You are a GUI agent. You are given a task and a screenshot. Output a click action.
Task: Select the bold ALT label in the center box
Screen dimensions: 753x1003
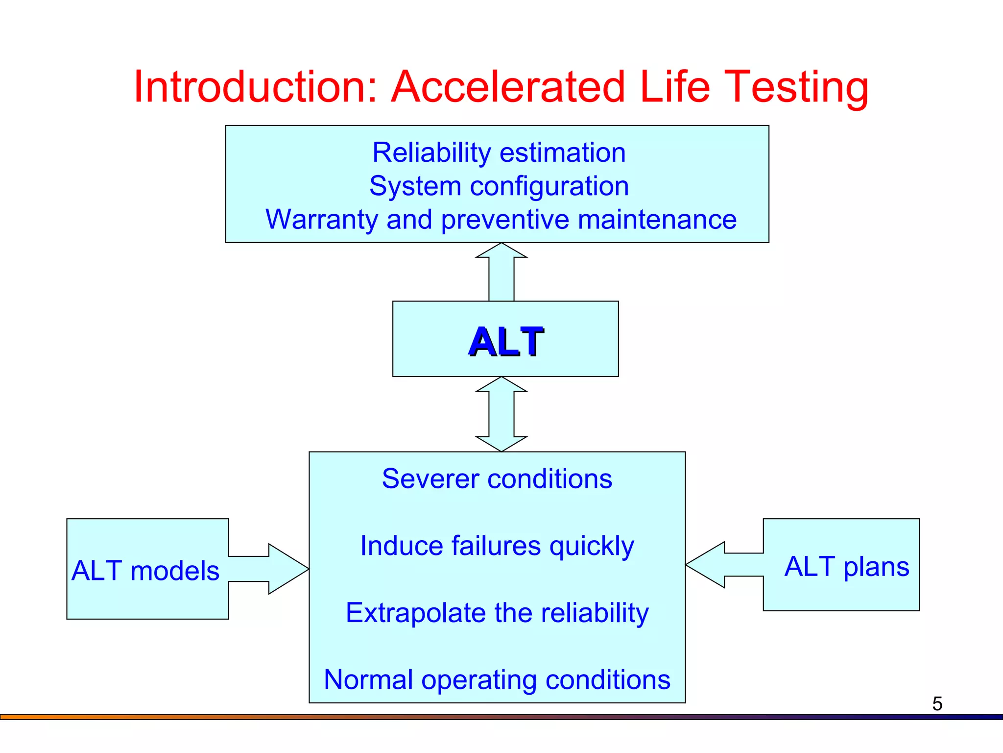point(506,342)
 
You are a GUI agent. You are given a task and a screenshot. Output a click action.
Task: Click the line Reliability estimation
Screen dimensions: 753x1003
point(499,152)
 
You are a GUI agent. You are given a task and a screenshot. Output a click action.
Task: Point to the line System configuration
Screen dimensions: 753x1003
point(499,186)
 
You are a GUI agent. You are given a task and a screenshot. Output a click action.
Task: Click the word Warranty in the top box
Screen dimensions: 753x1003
point(321,219)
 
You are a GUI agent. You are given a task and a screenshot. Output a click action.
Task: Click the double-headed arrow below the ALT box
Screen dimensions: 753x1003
point(501,414)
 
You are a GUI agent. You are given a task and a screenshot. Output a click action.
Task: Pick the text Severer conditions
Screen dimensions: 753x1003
point(497,478)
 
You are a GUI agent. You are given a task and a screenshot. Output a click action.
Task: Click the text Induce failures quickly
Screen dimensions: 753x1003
point(497,546)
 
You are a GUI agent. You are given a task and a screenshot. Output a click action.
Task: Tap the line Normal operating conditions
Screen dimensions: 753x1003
point(497,680)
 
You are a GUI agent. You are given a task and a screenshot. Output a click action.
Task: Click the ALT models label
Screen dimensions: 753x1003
point(145,571)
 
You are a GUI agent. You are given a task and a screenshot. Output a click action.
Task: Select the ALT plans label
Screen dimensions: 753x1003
point(847,567)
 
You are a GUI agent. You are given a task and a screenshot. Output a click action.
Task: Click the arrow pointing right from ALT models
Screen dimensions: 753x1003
point(274,569)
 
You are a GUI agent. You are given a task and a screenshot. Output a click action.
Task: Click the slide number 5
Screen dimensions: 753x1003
point(937,704)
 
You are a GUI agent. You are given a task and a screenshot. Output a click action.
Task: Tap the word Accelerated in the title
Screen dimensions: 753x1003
point(508,87)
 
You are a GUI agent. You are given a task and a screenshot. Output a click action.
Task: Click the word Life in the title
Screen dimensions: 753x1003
point(675,87)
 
